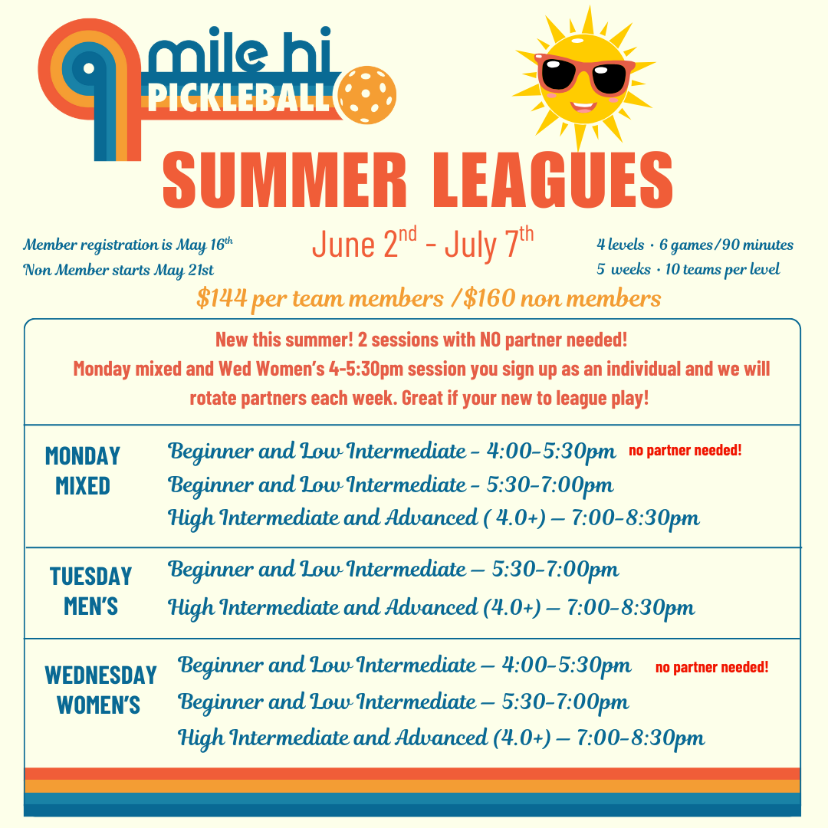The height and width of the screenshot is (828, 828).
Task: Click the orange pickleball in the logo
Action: pos(367,94)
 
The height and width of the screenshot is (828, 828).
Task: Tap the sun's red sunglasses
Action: pos(584,74)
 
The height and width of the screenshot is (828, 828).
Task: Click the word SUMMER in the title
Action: pos(284,180)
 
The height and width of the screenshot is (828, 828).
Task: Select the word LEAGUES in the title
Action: pos(553,180)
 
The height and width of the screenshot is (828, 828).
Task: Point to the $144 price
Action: pos(222,298)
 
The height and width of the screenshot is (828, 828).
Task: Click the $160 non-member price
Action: pos(489,298)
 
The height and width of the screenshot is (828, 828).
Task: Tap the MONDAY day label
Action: pos(82,456)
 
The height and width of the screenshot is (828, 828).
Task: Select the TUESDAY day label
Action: pos(90,576)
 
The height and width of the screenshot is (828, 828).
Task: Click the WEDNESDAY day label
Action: pos(101,675)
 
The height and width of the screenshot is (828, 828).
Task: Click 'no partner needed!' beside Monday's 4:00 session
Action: pos(685,451)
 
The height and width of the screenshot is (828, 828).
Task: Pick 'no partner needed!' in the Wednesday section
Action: pos(711,668)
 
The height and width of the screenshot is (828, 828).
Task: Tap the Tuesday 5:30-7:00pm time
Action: pos(555,570)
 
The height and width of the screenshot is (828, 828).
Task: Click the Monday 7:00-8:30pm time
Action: pos(636,518)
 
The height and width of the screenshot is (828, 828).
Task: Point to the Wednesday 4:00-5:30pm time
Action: pos(566,665)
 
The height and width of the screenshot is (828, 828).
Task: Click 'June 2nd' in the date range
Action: pos(364,243)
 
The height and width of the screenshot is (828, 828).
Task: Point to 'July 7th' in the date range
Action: pos(489,243)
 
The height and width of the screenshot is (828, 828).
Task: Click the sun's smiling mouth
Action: pos(583,107)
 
